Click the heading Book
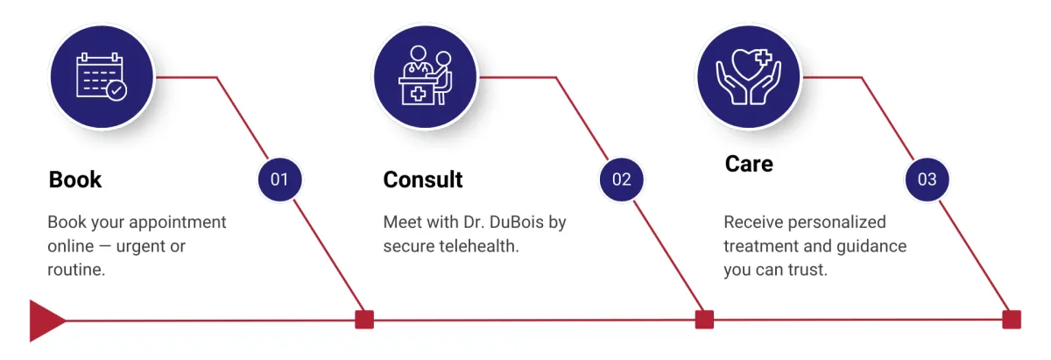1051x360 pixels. point(75,180)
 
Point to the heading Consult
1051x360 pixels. point(423,180)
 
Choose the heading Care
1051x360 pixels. point(749,164)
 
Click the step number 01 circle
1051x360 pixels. point(279,180)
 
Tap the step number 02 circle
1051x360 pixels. point(621,180)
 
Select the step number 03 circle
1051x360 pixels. point(927,180)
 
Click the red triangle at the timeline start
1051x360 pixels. point(44,321)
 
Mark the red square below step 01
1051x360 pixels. point(364,320)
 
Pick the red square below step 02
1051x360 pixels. point(704,320)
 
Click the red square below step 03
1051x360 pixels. point(1012,320)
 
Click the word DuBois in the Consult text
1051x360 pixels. point(514,222)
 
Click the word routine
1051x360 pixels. point(75,270)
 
